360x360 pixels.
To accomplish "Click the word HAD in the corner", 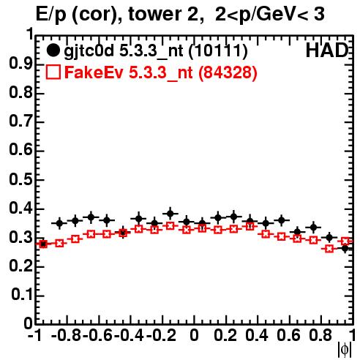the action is [x=327, y=50].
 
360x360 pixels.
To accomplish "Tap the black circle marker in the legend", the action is [x=53, y=50].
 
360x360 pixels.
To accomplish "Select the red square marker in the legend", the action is [x=53, y=72].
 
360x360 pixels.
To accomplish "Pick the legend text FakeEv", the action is [x=94, y=72].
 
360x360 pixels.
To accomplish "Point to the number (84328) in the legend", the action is [x=228, y=72].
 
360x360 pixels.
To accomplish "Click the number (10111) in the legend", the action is [x=218, y=51].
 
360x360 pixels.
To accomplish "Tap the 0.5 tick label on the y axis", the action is [x=21, y=180].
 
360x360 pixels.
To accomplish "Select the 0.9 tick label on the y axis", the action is [x=21, y=64].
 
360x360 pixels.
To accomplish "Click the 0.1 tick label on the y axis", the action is [x=23, y=295].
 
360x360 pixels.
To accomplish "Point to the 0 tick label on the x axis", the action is [x=194, y=335].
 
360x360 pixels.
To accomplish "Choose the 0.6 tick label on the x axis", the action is [x=289, y=335].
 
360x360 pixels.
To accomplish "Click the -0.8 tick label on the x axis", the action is [x=67, y=335].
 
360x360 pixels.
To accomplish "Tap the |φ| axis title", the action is [x=345, y=350].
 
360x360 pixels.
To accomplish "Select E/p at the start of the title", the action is [x=51, y=15].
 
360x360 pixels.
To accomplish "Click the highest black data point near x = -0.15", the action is [x=170, y=214].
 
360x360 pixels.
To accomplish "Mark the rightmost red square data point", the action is [x=345, y=241].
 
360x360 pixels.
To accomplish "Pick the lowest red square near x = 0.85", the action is [x=329, y=249].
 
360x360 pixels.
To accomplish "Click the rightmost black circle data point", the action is [x=345, y=249].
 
